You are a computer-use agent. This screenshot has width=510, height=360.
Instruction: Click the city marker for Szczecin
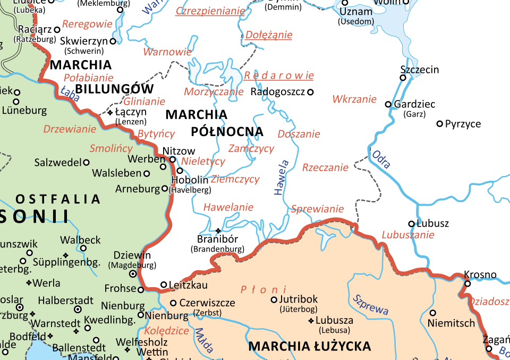tap(403, 78)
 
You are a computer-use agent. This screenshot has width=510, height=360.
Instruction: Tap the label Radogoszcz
tap(278, 92)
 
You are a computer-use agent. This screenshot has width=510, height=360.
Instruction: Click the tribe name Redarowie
tap(278, 76)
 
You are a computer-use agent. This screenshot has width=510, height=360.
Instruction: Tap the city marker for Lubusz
tap(411, 224)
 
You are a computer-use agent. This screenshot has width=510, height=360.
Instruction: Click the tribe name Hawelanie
tap(228, 207)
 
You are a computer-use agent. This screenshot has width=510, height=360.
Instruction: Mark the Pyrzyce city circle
tap(439, 124)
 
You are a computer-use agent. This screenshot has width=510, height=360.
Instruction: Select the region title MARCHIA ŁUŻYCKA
tap(310, 347)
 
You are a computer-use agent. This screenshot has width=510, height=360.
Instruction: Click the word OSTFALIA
tap(58, 199)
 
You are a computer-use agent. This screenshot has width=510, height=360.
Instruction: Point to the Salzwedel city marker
tap(86, 162)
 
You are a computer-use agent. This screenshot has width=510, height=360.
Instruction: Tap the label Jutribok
tap(301, 299)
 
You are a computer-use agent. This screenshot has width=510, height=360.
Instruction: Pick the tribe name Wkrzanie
tap(354, 99)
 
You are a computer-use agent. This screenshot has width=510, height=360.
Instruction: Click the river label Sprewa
tap(370, 305)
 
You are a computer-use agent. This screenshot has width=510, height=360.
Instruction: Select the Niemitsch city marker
tap(432, 313)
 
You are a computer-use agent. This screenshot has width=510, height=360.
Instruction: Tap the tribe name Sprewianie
tap(317, 209)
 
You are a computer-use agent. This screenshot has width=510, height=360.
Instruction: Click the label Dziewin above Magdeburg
tap(132, 255)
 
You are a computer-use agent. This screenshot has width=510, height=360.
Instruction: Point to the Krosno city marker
tap(467, 283)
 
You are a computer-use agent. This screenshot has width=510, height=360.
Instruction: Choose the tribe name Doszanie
tap(299, 134)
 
